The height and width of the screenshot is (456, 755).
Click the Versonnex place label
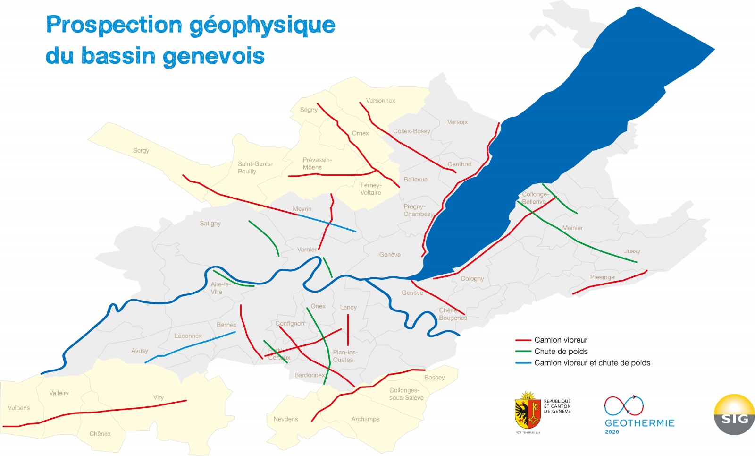click(x=380, y=101)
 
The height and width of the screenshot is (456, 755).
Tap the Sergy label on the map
click(x=141, y=150)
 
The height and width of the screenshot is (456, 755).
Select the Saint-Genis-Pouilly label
click(x=255, y=168)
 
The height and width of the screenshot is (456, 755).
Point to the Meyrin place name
click(x=302, y=209)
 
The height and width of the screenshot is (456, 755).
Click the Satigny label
click(x=210, y=224)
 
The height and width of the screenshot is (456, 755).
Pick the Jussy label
click(x=632, y=251)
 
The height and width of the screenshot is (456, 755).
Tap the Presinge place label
click(x=602, y=277)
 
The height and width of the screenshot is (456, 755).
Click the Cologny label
click(x=472, y=279)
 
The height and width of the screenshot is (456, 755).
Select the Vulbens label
click(x=18, y=408)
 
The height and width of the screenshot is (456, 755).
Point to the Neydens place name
click(x=285, y=419)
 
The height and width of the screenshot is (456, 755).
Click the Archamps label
click(x=365, y=419)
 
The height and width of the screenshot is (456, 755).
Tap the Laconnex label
click(x=188, y=336)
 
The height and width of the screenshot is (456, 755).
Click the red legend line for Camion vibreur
click(x=523, y=340)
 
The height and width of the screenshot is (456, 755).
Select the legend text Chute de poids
click(x=561, y=352)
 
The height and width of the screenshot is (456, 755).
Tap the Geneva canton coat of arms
click(x=528, y=411)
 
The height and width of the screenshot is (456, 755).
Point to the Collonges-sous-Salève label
click(x=406, y=394)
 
